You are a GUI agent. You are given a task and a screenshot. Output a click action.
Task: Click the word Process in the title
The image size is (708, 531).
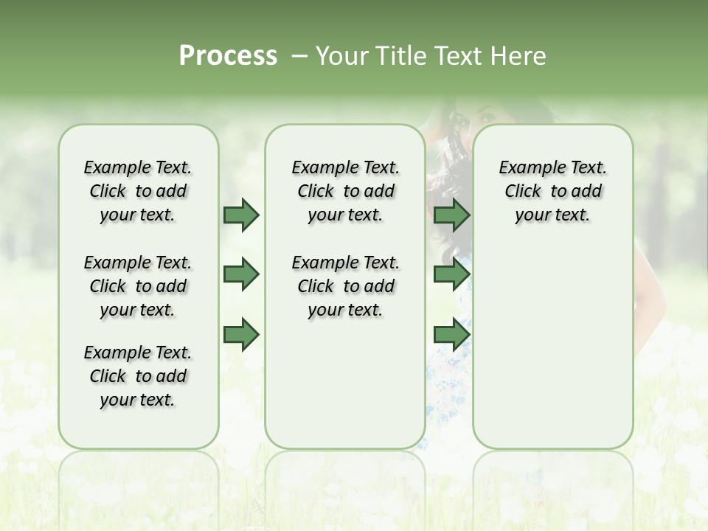[228, 56]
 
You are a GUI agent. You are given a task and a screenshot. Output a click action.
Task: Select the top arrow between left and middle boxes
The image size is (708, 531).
[241, 215]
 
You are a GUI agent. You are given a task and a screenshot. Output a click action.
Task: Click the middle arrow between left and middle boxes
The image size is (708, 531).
[241, 274]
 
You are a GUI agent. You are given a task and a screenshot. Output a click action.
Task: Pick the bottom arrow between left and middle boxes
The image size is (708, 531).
[241, 335]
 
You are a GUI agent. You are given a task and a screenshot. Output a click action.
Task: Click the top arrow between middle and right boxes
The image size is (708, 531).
[451, 215]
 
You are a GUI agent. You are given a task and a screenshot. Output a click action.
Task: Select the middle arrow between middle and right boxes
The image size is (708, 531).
[451, 274]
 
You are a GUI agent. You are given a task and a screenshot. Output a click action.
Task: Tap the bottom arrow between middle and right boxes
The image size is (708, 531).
[451, 335]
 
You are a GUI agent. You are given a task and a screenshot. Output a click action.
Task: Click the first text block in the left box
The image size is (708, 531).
[138, 191]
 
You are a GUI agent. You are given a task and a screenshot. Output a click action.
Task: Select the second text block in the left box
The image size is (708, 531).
[138, 286]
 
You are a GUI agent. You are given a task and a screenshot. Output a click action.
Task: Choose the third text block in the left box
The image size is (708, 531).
[138, 376]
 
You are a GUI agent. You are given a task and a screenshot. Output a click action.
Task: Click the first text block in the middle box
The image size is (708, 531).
[345, 191]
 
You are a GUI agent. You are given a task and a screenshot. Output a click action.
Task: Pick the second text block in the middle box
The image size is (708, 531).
[345, 286]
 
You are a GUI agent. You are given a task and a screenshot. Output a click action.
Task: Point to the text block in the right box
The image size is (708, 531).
[552, 191]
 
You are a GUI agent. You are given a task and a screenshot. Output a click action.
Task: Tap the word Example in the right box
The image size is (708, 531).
[526, 168]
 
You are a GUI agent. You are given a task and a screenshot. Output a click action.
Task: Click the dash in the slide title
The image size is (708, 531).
[299, 56]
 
